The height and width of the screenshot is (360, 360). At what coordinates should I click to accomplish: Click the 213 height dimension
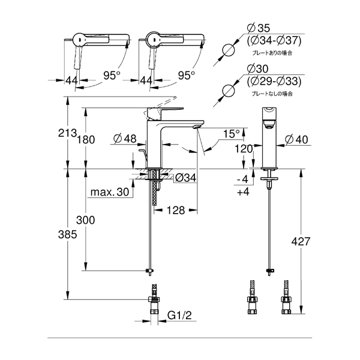[67, 133]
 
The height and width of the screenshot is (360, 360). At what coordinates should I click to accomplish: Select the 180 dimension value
[86, 140]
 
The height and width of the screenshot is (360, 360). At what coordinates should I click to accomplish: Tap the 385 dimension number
[67, 235]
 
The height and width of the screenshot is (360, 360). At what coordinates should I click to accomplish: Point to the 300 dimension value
[85, 220]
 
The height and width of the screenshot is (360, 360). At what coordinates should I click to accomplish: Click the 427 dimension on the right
[301, 241]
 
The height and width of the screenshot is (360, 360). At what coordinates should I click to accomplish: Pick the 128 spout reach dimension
[176, 210]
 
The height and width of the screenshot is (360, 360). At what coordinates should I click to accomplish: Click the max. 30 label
[110, 192]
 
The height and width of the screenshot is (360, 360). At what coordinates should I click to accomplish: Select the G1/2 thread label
[179, 315]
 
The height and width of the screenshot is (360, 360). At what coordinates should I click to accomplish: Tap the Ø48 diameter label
[125, 139]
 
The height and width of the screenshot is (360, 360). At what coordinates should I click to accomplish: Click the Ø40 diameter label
[296, 139]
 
